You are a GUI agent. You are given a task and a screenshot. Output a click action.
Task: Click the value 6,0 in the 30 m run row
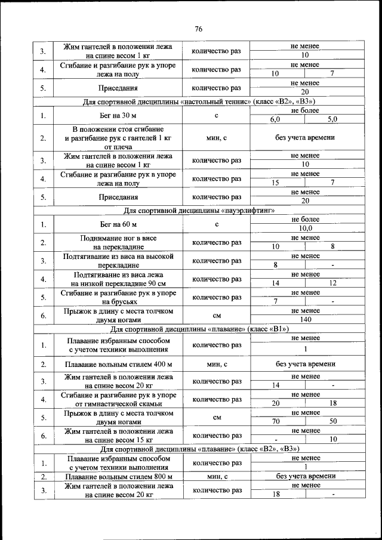[x=275, y=119]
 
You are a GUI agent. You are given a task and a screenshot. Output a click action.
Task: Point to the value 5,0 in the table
[x=332, y=119]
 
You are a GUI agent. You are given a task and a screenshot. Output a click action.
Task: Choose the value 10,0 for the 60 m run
[x=305, y=228]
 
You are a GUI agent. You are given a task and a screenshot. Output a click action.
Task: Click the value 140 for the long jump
[x=305, y=320]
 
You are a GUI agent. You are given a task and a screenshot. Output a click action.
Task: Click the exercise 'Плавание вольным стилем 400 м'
[x=118, y=364]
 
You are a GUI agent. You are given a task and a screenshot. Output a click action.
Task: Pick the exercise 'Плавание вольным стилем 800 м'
[x=118, y=477]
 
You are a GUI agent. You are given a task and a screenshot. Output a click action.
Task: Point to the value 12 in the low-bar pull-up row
[x=332, y=283]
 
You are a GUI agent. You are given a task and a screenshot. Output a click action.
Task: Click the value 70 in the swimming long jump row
[x=275, y=421]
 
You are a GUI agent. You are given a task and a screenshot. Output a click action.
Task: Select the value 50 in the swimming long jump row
[x=332, y=421]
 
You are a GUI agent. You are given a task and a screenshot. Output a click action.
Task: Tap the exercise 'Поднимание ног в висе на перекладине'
[x=118, y=242]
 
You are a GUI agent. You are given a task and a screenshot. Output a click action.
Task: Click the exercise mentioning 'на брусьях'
[x=118, y=297]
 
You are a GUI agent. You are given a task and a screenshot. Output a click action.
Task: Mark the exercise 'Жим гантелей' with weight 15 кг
[x=118, y=435]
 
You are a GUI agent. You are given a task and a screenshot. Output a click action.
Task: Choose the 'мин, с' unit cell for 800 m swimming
[x=216, y=477]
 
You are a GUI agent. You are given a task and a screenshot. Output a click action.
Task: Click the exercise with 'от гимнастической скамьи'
[x=118, y=399]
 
